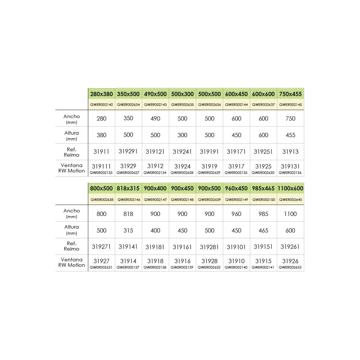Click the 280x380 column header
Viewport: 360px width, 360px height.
pyautogui.click(x=102, y=94)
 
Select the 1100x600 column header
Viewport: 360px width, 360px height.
pyautogui.click(x=290, y=188)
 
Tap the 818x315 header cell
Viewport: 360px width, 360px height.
pyautogui.click(x=128, y=188)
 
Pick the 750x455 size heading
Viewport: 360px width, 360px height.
pyautogui.click(x=290, y=94)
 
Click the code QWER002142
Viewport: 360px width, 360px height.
pyautogui.click(x=102, y=105)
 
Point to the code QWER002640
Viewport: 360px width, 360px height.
pyautogui.click(x=290, y=199)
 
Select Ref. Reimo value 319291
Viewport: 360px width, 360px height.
pyautogui.click(x=128, y=152)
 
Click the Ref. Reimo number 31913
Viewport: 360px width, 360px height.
pyautogui.click(x=290, y=152)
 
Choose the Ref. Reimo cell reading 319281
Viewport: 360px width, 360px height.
pyautogui.click(x=210, y=247)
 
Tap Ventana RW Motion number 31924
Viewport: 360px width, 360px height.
pyautogui.click(x=183, y=166)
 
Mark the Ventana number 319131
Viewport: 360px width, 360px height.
pyautogui.click(x=290, y=166)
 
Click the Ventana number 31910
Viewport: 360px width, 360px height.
pyautogui.click(x=237, y=261)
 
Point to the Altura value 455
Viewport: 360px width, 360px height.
pyautogui.click(x=290, y=135)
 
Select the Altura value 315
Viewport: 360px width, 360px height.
pyautogui.click(x=128, y=230)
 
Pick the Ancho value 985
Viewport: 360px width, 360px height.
pyautogui.click(x=264, y=214)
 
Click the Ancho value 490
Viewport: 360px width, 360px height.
pyautogui.click(x=156, y=118)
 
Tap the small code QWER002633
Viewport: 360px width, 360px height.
pyautogui.click(x=290, y=267)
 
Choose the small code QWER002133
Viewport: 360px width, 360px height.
pyautogui.click(x=101, y=173)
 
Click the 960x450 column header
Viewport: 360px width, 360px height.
pyautogui.click(x=237, y=188)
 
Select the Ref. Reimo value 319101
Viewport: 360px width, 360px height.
pyautogui.click(x=237, y=247)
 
